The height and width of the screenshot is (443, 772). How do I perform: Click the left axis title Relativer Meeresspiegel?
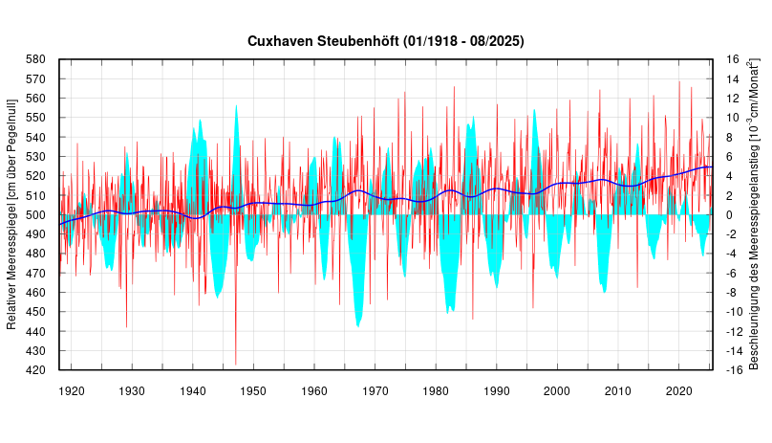coord(11,213)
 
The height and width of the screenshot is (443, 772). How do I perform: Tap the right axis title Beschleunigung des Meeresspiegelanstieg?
coord(754,213)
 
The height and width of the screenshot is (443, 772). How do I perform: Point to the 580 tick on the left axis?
coord(35,59)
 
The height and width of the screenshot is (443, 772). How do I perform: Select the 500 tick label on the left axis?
coord(35,215)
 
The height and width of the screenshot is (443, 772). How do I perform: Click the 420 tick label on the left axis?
coord(35,370)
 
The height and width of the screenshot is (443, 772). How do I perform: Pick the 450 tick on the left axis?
coord(35,312)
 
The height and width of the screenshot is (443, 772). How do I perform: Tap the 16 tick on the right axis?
coord(732,59)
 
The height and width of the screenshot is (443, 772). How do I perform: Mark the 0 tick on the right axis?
coord(729,215)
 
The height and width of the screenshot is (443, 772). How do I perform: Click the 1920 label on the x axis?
coord(72,390)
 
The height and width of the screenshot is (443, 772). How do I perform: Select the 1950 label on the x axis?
coord(254,390)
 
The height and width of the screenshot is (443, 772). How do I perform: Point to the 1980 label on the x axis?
coord(436,390)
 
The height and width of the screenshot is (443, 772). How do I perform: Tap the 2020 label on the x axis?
coord(679,390)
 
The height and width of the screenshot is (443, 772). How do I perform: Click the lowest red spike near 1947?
coord(236,364)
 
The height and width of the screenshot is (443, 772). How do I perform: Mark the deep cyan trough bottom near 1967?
coord(358,326)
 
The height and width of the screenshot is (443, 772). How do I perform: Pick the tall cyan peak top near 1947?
coord(237,105)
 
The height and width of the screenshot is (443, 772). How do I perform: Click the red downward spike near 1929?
coord(127,327)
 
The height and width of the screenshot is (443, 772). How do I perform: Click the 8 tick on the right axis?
coord(729,137)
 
